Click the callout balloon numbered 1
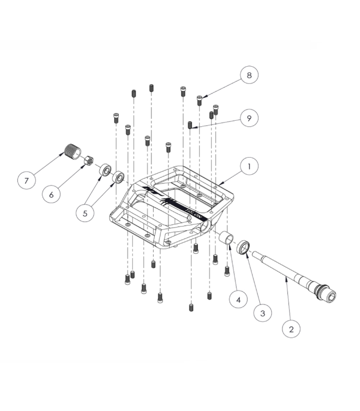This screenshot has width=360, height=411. click(x=249, y=166)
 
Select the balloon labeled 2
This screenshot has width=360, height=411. click(x=291, y=329)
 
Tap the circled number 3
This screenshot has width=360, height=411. click(x=262, y=312)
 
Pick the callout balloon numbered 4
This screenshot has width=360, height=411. click(x=239, y=298)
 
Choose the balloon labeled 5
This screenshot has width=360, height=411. click(x=86, y=212)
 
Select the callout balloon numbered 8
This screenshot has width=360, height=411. click(x=249, y=75)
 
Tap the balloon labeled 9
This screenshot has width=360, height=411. click(x=248, y=118)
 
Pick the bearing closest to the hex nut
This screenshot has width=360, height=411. click(x=106, y=169)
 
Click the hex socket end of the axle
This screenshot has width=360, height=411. click(x=331, y=296)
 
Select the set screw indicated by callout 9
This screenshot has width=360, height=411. click(x=190, y=125)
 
